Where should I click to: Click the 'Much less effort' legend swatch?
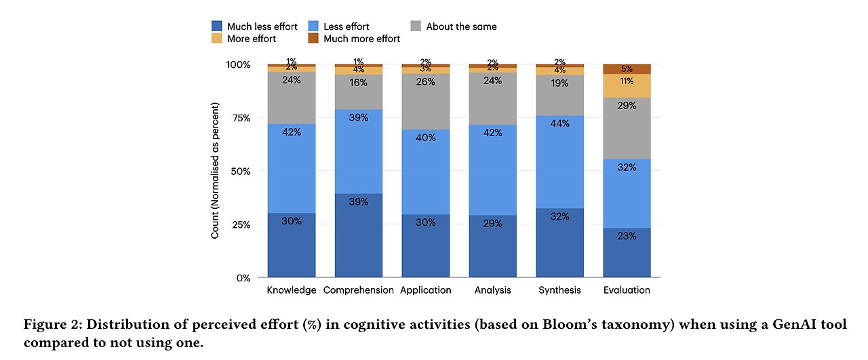click(x=218, y=26)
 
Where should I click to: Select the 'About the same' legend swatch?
click(x=416, y=26)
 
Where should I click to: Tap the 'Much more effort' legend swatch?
click(x=315, y=39)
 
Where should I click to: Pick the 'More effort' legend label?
click(x=252, y=39)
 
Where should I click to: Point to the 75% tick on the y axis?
click(x=239, y=118)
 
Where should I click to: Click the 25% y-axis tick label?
click(x=239, y=224)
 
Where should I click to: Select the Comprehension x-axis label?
click(x=358, y=290)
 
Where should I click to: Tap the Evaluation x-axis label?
click(x=627, y=290)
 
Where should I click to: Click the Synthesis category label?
click(x=559, y=290)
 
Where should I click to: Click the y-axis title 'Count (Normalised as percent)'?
click(x=215, y=170)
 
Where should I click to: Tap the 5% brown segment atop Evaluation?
click(x=627, y=69)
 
